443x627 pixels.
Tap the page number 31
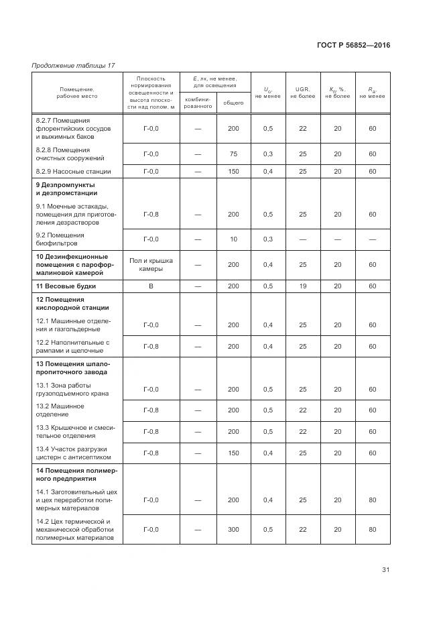tap(385, 570)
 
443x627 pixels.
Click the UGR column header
tap(302, 93)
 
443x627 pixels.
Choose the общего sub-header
tap(233, 103)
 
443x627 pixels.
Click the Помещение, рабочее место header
tap(76, 93)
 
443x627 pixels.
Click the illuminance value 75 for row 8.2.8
tap(233, 154)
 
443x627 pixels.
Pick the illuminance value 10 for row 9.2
tap(233, 239)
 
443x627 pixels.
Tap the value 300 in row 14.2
tap(233, 529)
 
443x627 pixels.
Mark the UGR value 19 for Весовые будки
tap(302, 286)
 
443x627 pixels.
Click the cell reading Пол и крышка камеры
tap(151, 264)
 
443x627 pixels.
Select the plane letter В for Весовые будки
tap(151, 286)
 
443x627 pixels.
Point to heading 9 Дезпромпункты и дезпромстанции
tap(66, 188)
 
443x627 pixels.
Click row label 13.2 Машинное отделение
tap(60, 410)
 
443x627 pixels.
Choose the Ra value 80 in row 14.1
tap(372, 500)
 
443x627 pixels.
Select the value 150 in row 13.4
tap(233, 453)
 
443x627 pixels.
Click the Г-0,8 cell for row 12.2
tap(151, 346)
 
